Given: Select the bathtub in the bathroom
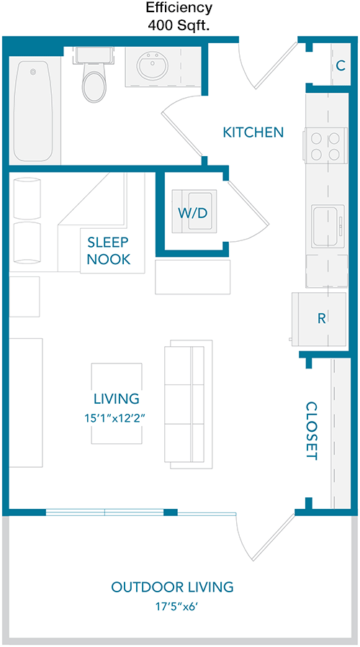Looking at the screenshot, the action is pyautogui.click(x=33, y=112).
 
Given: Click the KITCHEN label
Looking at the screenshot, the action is pyautogui.click(x=253, y=132).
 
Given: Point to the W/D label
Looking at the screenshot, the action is pyautogui.click(x=192, y=213).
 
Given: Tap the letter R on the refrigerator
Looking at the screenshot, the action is pyautogui.click(x=321, y=318).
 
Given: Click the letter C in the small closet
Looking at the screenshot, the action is pyautogui.click(x=341, y=65).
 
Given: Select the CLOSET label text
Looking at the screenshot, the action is pyautogui.click(x=311, y=431).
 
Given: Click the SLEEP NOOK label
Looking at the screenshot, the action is pyautogui.click(x=109, y=250).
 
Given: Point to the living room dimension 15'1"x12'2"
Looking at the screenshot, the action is pyautogui.click(x=117, y=418).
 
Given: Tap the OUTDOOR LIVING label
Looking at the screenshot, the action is pyautogui.click(x=173, y=587).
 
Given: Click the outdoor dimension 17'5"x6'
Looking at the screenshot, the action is pyautogui.click(x=173, y=606).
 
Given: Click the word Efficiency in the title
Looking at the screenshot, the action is pyautogui.click(x=179, y=7).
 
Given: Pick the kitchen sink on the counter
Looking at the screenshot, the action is pyautogui.click(x=328, y=226).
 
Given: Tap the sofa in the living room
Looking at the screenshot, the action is pyautogui.click(x=188, y=404).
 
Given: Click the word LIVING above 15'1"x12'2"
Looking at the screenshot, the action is pyautogui.click(x=117, y=399).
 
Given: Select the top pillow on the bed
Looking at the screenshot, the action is pyautogui.click(x=27, y=198).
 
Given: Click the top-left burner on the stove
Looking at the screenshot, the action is pyautogui.click(x=317, y=137).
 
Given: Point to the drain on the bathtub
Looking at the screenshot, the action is pyautogui.click(x=33, y=72).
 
